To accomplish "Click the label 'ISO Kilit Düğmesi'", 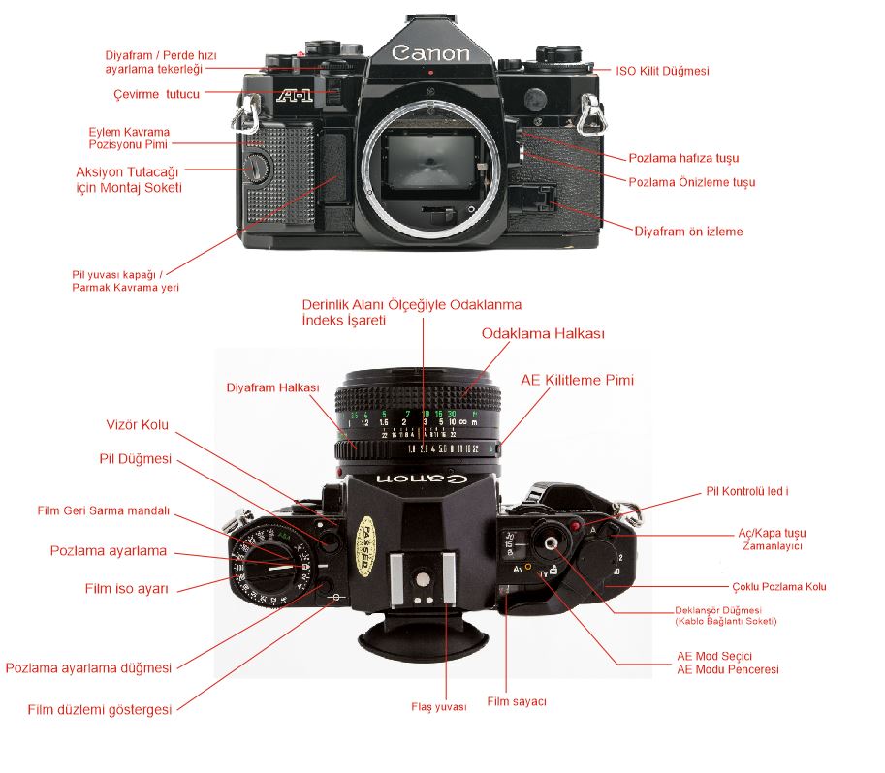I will coord(663,71).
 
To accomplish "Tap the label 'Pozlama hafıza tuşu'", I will coord(683,157).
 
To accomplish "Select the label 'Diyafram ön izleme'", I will coord(688,232).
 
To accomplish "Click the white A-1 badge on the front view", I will coord(292,96).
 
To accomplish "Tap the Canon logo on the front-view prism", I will coord(431,53).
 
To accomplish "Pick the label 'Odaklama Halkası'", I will coord(543,333).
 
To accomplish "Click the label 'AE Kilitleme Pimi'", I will coord(579,381).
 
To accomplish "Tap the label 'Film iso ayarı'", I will coord(128,587).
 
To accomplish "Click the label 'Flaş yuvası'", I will coord(438,707).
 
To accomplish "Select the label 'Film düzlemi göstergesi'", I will coord(100,709).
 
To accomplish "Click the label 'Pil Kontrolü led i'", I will coord(746,492).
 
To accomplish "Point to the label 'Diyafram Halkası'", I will coord(272,387).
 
